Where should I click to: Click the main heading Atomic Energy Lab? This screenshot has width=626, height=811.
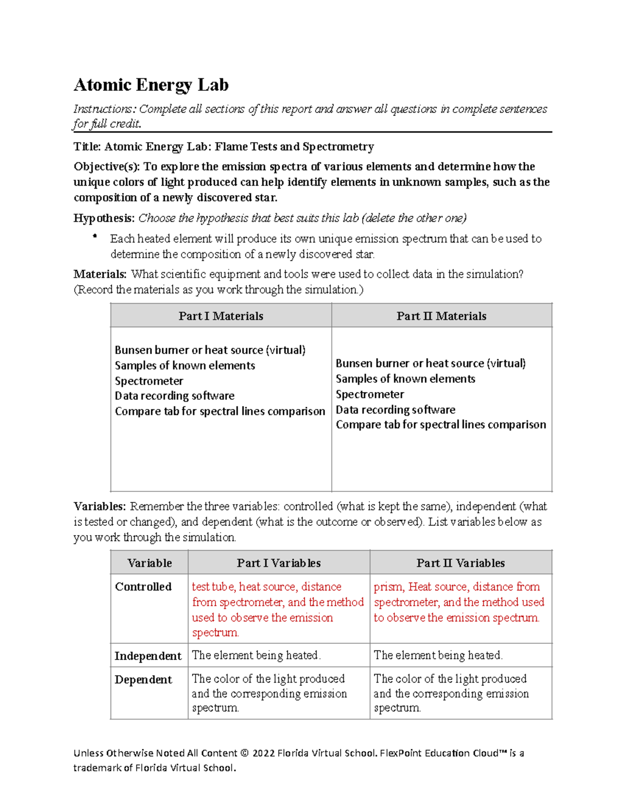pos(151,85)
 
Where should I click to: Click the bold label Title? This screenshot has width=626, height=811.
pos(87,147)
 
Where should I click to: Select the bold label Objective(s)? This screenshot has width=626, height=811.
pos(107,167)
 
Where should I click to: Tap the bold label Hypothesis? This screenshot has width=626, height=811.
pos(104,218)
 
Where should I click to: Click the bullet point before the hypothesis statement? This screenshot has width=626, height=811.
pos(95,237)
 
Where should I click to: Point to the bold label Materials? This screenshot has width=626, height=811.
pos(100,274)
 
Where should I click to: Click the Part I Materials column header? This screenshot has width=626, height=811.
pos(221,316)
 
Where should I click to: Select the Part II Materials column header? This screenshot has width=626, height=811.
pos(441,316)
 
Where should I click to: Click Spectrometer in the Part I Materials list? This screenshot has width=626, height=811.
pos(149,381)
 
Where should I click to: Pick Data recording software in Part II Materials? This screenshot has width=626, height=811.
pos(395,409)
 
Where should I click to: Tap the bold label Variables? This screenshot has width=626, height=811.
pos(100,506)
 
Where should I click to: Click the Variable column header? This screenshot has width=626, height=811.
pos(149,563)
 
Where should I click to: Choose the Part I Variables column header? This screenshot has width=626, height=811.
pos(279,563)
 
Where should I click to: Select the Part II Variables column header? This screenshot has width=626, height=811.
pos(460,563)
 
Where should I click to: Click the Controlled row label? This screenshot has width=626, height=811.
pos(143,586)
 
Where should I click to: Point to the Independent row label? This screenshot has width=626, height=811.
pos(148,656)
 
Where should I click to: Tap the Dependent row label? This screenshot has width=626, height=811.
pos(143,679)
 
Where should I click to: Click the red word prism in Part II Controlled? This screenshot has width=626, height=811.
pos(388,586)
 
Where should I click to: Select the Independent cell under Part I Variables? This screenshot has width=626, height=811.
pos(256,655)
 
